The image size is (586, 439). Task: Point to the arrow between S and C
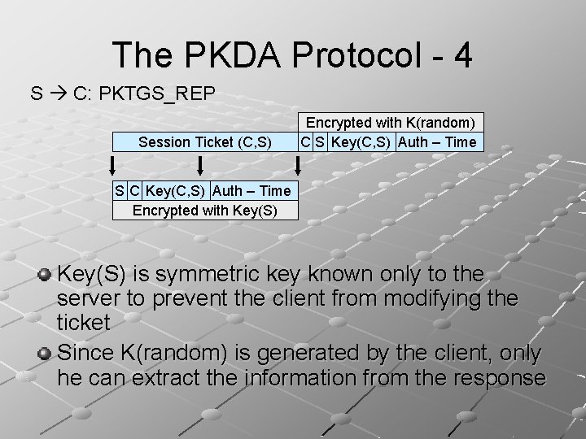pos(57,93)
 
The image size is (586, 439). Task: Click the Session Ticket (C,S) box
pos(205,142)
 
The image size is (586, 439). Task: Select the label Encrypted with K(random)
pos(391,122)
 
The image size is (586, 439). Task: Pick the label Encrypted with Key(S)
pos(205,210)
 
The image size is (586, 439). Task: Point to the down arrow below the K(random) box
pos(299,166)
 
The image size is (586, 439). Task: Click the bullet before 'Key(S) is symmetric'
pos(46,274)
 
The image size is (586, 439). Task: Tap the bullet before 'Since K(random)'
pos(46,354)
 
